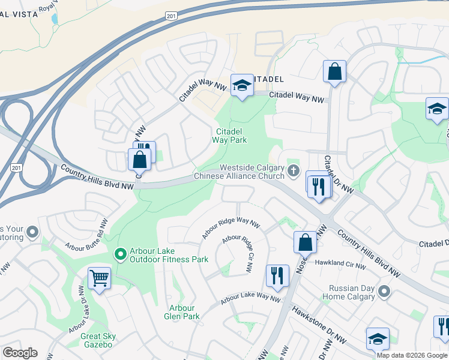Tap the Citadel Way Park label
229,136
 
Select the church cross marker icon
294,172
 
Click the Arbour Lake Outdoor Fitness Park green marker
120,255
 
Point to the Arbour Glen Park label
182,312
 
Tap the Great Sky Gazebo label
98,340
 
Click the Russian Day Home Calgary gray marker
384,292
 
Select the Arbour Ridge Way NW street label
231,228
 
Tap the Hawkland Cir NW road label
340,264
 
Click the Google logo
20,353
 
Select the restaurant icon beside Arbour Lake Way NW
277,275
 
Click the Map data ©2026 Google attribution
412,355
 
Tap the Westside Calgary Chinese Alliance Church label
244,172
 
